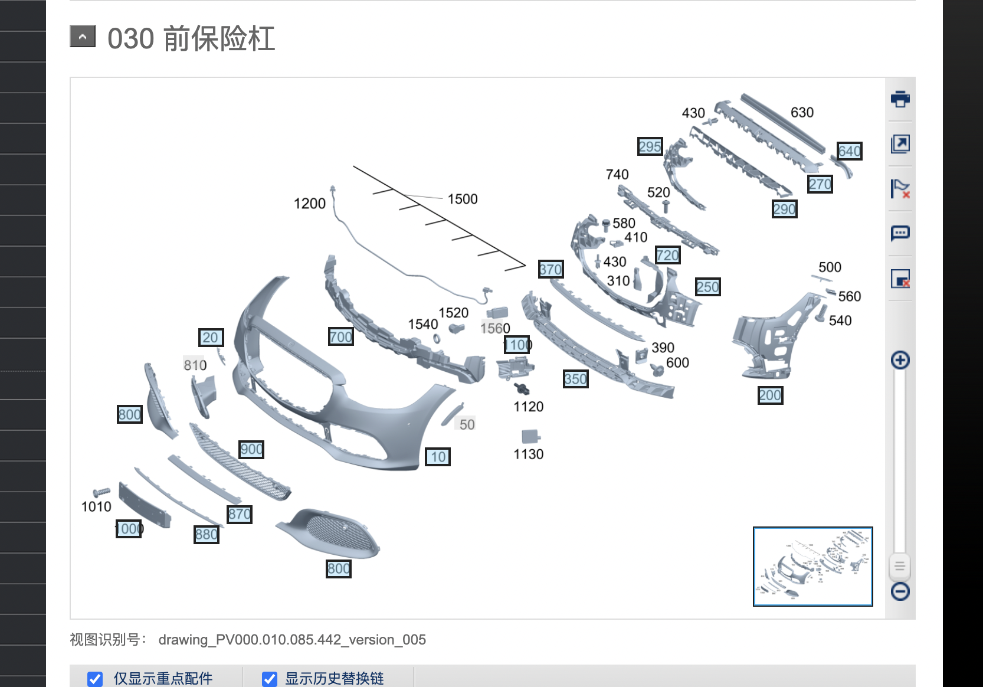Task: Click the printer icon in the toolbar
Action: pyautogui.click(x=900, y=99)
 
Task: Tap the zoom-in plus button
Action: pyautogui.click(x=900, y=360)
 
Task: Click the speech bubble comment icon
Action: pyautogui.click(x=900, y=233)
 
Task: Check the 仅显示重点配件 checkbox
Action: pyautogui.click(x=95, y=679)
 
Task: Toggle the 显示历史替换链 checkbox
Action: pyautogui.click(x=270, y=679)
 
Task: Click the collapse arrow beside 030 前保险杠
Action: pyautogui.click(x=83, y=37)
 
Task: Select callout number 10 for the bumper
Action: pyautogui.click(x=438, y=457)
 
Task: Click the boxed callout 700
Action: pyautogui.click(x=341, y=337)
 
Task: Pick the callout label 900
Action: pyautogui.click(x=251, y=450)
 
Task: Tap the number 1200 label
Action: pyautogui.click(x=310, y=204)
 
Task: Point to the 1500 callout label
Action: pyautogui.click(x=463, y=199)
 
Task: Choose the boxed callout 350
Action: pyautogui.click(x=575, y=379)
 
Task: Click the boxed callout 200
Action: pyautogui.click(x=770, y=395)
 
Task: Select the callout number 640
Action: pyautogui.click(x=850, y=152)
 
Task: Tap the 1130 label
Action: pyautogui.click(x=528, y=454)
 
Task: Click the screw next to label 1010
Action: pyautogui.click(x=101, y=492)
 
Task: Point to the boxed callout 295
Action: pyautogui.click(x=650, y=146)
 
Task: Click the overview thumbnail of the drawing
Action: pyautogui.click(x=812, y=566)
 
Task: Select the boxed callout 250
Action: pyautogui.click(x=707, y=287)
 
